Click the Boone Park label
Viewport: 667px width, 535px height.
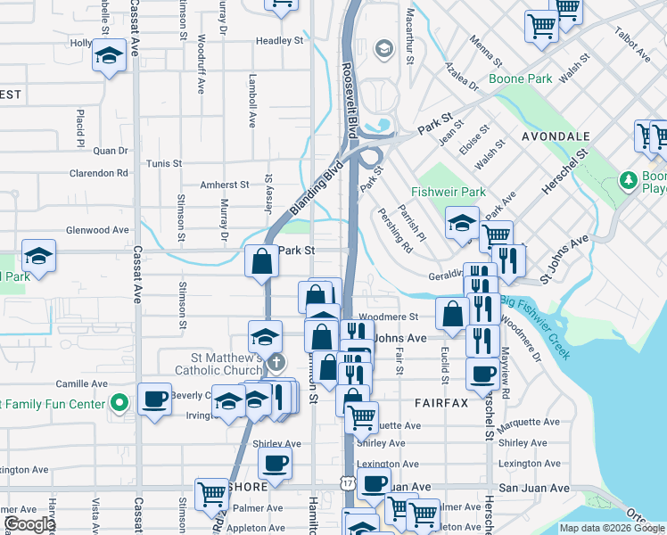pos(520,78)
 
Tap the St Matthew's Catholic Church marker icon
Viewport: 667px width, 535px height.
pos(276,362)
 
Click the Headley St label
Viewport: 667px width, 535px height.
pos(280,41)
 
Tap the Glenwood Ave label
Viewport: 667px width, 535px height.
pos(103,230)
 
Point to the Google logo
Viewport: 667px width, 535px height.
pos(29,524)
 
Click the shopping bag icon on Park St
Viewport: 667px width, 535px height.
pos(262,261)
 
